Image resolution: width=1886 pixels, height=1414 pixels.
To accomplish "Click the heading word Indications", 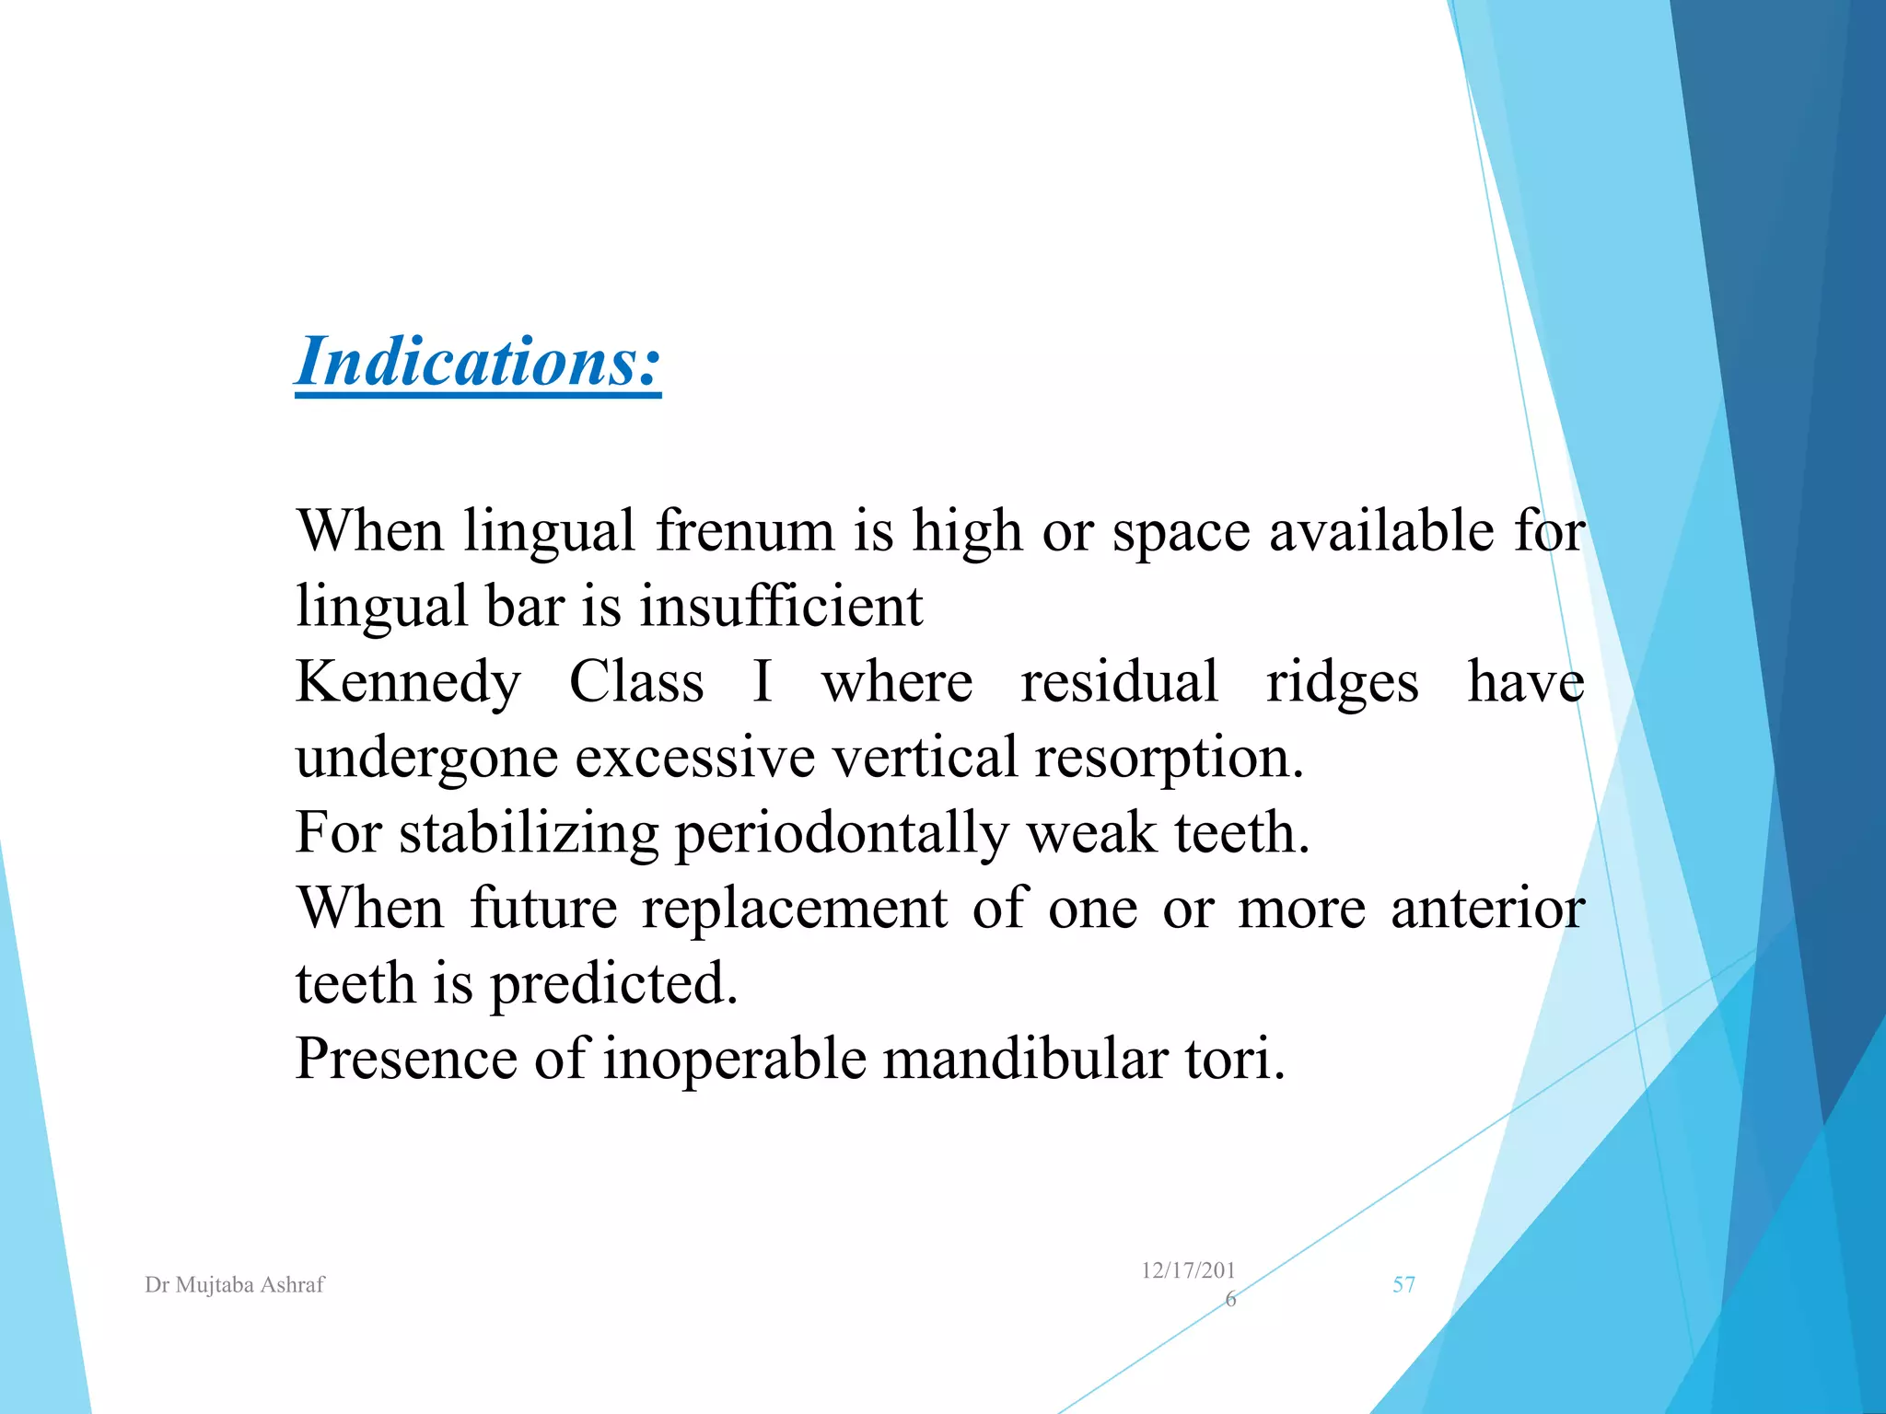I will pyautogui.click(x=478, y=362).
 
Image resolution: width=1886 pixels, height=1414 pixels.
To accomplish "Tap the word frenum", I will pyautogui.click(x=744, y=531).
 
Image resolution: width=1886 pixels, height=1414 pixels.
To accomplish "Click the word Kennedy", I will pyautogui.click(x=408, y=683).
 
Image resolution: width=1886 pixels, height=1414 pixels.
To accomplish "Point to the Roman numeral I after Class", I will pyautogui.click(x=762, y=682).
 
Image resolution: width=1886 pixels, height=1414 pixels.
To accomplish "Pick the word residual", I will pyautogui.click(x=1119, y=682).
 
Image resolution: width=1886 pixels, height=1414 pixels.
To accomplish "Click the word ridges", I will pyautogui.click(x=1342, y=684).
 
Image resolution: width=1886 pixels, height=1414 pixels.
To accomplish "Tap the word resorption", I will pyautogui.click(x=1169, y=759).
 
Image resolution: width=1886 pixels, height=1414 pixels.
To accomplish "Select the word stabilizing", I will pyautogui.click(x=528, y=834).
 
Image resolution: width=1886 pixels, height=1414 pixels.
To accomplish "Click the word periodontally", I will pyautogui.click(x=842, y=834).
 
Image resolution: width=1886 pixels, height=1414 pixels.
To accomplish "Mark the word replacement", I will pyautogui.click(x=794, y=910).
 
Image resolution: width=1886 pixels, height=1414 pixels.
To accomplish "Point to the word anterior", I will pyautogui.click(x=1487, y=910).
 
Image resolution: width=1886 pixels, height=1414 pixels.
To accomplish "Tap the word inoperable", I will pyautogui.click(x=735, y=1060).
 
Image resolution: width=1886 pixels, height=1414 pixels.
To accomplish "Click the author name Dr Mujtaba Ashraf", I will pyautogui.click(x=235, y=1285).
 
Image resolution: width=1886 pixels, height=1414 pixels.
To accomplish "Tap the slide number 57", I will pyautogui.click(x=1403, y=1285).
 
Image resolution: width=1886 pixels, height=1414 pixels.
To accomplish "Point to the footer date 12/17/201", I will pyautogui.click(x=1188, y=1271).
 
